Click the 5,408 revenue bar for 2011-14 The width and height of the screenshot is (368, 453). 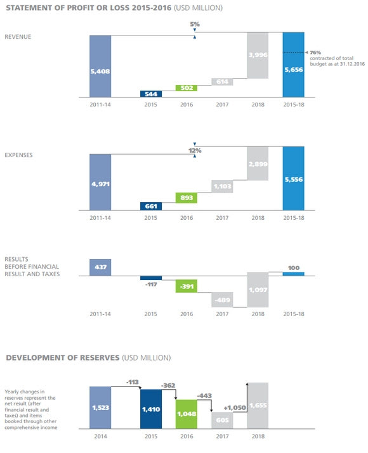tap(100, 66)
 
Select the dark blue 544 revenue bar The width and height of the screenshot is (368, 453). tap(151, 94)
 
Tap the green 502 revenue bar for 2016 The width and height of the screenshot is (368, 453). tap(187, 88)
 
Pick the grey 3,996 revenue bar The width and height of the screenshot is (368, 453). tap(258, 55)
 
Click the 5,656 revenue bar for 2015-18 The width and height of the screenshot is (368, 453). tap(294, 65)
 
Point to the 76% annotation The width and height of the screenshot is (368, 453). tap(315, 53)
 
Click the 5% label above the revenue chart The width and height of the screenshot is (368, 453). tap(195, 24)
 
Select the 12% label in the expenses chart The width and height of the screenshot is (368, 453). tap(195, 151)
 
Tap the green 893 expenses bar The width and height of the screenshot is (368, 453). tap(187, 198)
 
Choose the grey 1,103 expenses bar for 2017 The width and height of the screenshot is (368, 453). tap(222, 186)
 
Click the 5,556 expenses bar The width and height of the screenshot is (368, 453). tap(294, 178)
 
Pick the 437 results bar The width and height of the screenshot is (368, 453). tap(100, 267)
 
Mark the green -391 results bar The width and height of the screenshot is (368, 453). tap(187, 286)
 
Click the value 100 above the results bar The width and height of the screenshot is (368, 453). tap(294, 268)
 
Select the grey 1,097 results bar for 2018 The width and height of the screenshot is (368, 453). tap(258, 290)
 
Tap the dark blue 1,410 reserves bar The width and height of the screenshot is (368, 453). tap(151, 409)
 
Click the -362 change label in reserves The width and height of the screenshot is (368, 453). tap(168, 385)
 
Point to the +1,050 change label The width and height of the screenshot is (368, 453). tap(235, 407)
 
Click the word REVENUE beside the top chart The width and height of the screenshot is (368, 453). tap(18, 37)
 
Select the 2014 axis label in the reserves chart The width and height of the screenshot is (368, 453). tap(100, 437)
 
